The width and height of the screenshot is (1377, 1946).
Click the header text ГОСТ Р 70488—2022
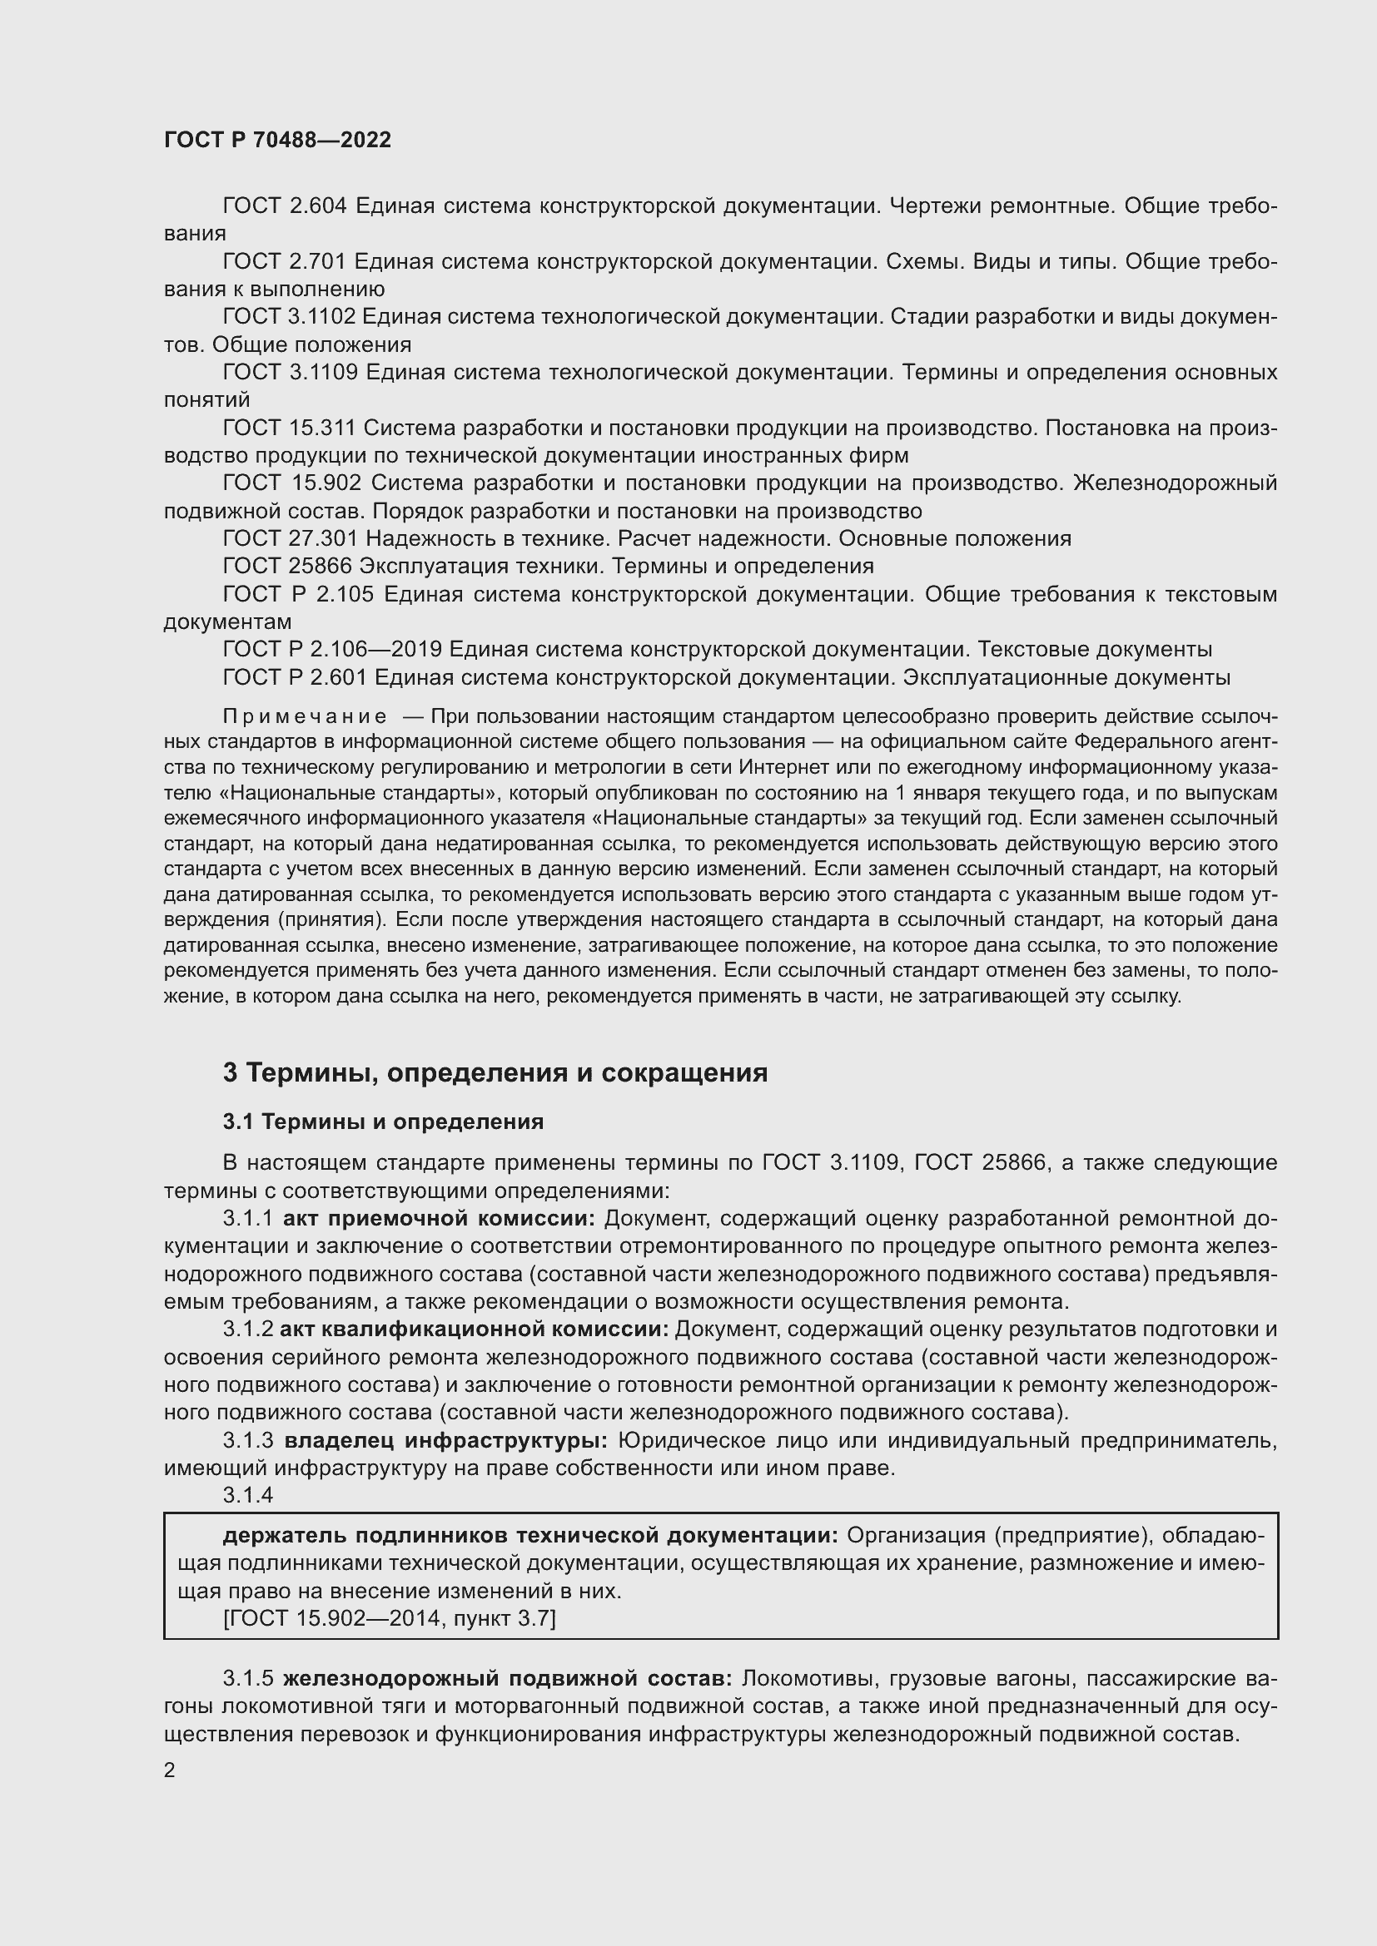point(278,141)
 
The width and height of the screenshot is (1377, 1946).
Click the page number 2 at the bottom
point(170,1770)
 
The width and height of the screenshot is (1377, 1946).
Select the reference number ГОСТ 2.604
point(285,206)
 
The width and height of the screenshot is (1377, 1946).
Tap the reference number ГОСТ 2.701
point(284,262)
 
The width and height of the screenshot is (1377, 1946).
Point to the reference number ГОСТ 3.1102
point(289,317)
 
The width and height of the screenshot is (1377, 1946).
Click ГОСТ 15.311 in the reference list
point(289,428)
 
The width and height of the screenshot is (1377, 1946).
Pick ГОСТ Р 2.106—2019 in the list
point(331,650)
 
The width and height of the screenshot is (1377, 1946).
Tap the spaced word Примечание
point(305,717)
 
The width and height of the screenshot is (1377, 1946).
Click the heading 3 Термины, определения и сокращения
point(495,1073)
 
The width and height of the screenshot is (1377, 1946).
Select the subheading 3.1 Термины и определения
point(383,1122)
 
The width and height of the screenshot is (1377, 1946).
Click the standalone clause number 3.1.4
point(247,1495)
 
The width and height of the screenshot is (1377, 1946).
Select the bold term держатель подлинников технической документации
point(530,1536)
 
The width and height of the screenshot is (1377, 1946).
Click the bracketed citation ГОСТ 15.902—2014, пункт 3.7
point(389,1619)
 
